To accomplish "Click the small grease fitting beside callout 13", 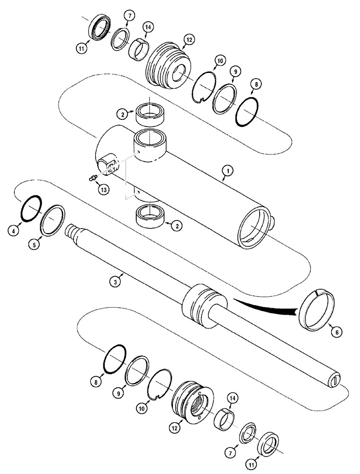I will point(92,178).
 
